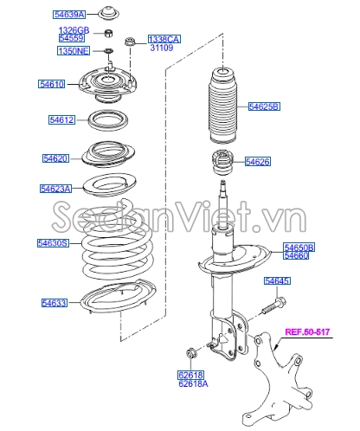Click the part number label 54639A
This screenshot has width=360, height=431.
pos(69,15)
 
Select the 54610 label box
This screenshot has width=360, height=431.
pos(52,84)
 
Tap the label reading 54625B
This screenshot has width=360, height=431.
pos(264,106)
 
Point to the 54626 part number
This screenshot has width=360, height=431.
pos(258,162)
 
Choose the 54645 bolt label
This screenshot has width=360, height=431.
pos(277,280)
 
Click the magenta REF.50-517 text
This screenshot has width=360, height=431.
pos(307,331)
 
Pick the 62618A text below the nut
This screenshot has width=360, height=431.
pos(193,384)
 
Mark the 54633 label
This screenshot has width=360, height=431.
pos(55,303)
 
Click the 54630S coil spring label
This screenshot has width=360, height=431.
pos(53,243)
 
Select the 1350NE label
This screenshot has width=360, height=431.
pos(74,51)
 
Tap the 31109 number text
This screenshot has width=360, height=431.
pos(162,48)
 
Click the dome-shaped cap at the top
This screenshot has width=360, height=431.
pos(108,13)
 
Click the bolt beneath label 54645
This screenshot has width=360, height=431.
pos(274,307)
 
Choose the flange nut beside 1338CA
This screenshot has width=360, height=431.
pos(129,42)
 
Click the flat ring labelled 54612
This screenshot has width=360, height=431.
pos(108,120)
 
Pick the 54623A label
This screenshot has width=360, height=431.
pos(55,189)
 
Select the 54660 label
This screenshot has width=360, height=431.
pos(296,255)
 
